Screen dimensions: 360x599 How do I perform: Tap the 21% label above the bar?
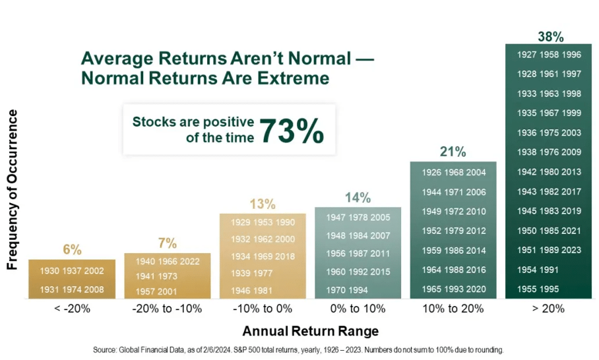click(453, 152)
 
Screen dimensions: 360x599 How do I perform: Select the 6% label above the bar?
click(72, 249)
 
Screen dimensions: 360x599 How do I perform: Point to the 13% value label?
click(262, 204)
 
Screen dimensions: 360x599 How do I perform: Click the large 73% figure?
click(291, 130)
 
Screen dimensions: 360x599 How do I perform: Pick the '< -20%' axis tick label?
click(72, 308)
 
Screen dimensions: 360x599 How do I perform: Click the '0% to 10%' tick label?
click(357, 308)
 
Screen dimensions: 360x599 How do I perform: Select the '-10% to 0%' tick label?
click(262, 308)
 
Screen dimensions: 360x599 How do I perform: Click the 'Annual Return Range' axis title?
click(310, 331)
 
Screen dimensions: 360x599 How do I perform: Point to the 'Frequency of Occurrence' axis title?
click(13, 190)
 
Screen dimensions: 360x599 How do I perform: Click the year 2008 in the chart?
click(93, 289)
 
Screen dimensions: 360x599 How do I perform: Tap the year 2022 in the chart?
click(189, 261)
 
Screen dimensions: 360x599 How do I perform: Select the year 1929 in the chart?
click(241, 223)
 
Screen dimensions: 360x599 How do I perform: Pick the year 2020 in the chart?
click(475, 289)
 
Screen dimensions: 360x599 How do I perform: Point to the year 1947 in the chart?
click(336, 217)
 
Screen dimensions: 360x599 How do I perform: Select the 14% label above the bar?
click(358, 198)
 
